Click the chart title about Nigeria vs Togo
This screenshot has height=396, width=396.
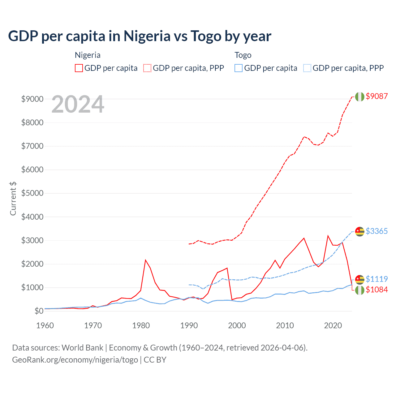click(140, 36)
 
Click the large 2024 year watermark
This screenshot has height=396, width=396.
click(78, 104)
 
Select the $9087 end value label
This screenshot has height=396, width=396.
click(377, 96)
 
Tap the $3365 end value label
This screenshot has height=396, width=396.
click(377, 231)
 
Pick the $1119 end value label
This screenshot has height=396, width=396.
click(377, 279)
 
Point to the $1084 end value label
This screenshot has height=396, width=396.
click(377, 290)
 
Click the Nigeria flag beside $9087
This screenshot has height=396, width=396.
click(359, 97)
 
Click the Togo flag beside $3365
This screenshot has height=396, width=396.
click(359, 231)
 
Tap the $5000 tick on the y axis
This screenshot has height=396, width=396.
click(32, 193)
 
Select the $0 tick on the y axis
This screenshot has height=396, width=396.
click(39, 311)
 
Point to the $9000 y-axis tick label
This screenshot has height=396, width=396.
click(32, 99)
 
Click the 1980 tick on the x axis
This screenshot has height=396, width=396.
click(141, 325)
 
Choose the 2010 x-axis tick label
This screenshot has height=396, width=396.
click(285, 325)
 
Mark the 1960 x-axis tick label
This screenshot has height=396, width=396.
click(45, 325)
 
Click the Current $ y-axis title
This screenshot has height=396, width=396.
click(13, 199)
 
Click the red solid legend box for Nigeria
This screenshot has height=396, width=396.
click(79, 68)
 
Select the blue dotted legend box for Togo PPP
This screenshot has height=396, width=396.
click(307, 68)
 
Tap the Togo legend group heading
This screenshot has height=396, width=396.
click(243, 55)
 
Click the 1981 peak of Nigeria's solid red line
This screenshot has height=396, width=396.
click(145, 260)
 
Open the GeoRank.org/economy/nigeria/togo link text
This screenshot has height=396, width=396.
click(75, 360)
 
